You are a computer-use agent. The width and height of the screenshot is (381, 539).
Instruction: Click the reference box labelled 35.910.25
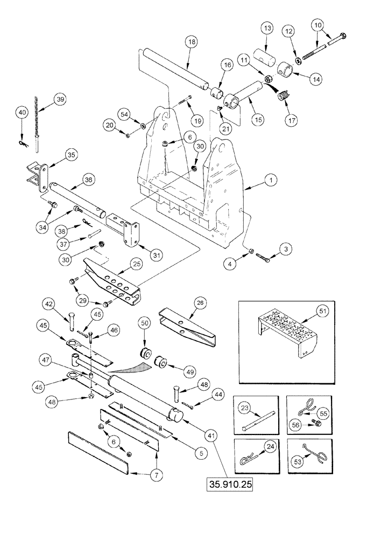[x=229, y=483]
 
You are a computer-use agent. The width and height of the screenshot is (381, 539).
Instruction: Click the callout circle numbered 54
[x=124, y=114]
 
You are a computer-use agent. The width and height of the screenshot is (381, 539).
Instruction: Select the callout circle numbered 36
[x=88, y=179]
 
